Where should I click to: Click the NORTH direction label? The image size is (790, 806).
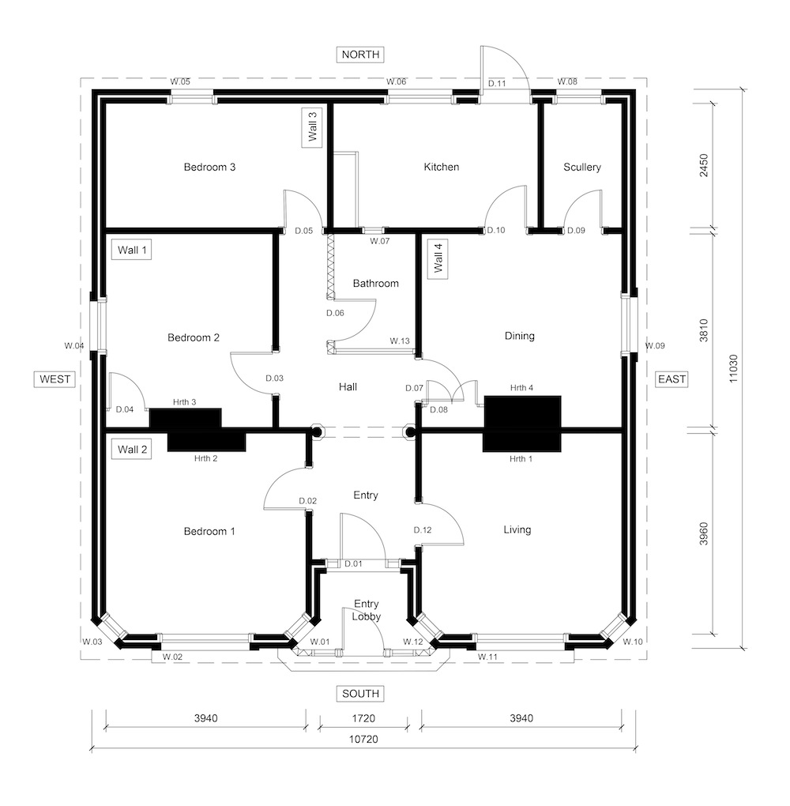pyautogui.click(x=360, y=55)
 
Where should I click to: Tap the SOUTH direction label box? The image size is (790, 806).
pyautogui.click(x=360, y=694)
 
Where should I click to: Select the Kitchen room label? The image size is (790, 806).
pyautogui.click(x=442, y=167)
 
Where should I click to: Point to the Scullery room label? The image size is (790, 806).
pyautogui.click(x=581, y=167)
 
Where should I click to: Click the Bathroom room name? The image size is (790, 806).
pyautogui.click(x=376, y=283)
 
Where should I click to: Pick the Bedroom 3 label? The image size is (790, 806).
pyautogui.click(x=209, y=167)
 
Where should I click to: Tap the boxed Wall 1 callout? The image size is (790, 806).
pyautogui.click(x=132, y=250)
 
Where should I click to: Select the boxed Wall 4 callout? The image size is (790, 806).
pyautogui.click(x=438, y=259)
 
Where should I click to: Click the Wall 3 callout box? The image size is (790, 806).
pyautogui.click(x=312, y=127)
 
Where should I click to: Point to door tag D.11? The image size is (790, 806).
pyautogui.click(x=497, y=83)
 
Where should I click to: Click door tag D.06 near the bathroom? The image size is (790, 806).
pyautogui.click(x=335, y=313)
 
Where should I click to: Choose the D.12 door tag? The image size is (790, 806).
pyautogui.click(x=423, y=530)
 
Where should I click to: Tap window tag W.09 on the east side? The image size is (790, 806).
pyautogui.click(x=656, y=345)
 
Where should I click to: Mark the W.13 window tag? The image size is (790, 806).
pyautogui.click(x=400, y=341)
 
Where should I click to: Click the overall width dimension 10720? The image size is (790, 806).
pyautogui.click(x=363, y=739)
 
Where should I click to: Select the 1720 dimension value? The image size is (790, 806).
pyautogui.click(x=363, y=718)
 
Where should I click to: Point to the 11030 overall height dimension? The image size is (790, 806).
pyautogui.click(x=733, y=368)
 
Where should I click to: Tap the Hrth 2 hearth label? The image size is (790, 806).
pyautogui.click(x=205, y=458)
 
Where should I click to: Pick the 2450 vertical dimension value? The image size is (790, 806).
pyautogui.click(x=704, y=165)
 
